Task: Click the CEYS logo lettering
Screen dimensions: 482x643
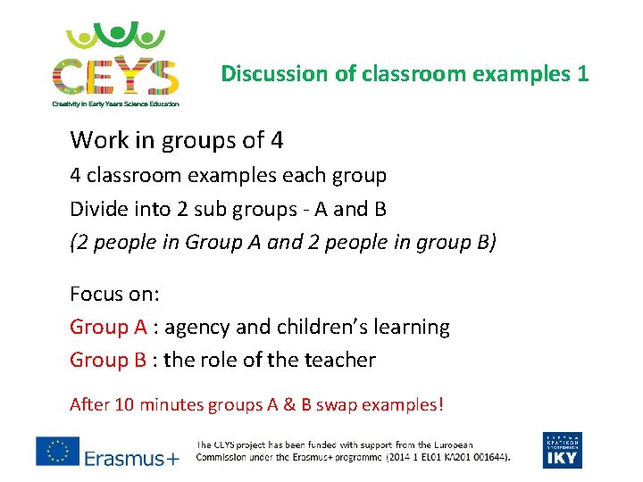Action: tap(115, 76)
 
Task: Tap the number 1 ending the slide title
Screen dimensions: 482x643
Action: tap(582, 73)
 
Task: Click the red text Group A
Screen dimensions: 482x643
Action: tap(108, 328)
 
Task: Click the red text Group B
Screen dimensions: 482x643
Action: tap(108, 361)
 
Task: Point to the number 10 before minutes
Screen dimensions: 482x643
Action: tap(124, 405)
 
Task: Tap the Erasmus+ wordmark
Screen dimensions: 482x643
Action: tap(131, 458)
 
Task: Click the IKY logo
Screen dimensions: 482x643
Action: tap(562, 450)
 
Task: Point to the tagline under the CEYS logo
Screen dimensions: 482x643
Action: tap(115, 104)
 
